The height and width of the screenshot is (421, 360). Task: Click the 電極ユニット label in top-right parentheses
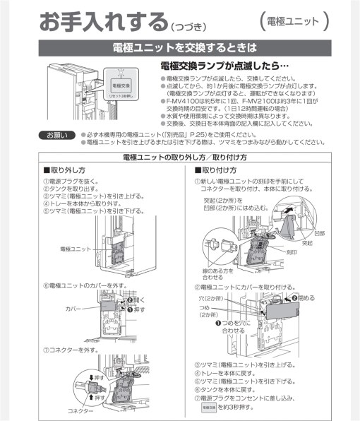pyautogui.click(x=294, y=21)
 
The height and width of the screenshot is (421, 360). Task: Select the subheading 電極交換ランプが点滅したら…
pyautogui.click(x=226, y=66)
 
